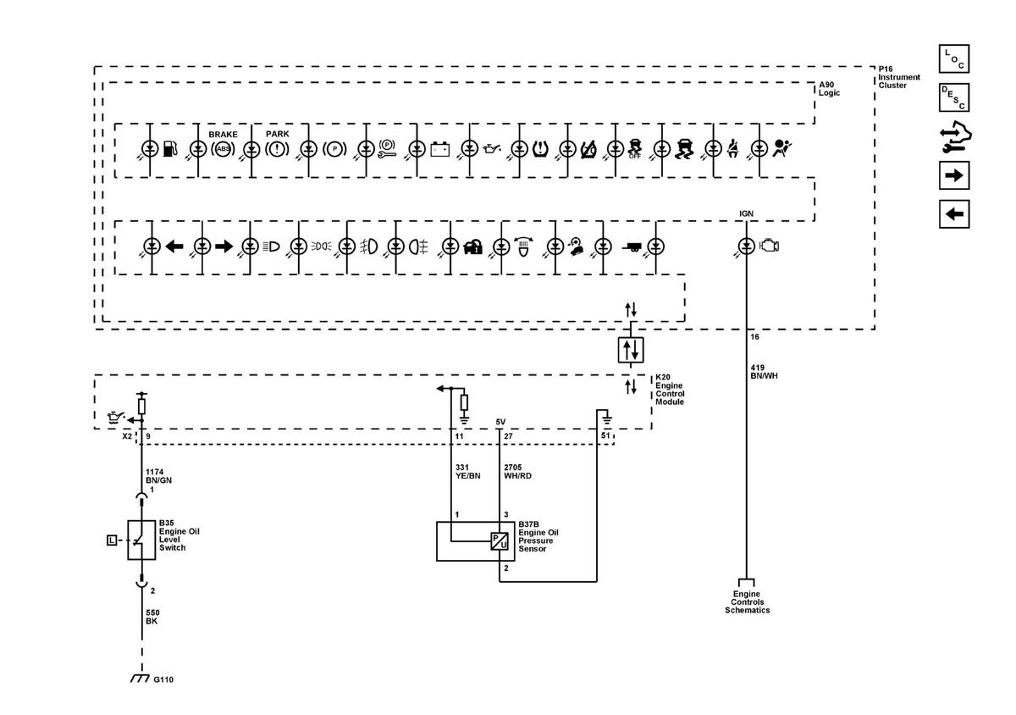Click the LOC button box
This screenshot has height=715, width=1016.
pos(954,58)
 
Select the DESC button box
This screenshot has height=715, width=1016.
pos(954,97)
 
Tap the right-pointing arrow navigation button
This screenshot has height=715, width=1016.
pos(954,175)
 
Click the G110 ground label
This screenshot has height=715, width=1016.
pos(163,679)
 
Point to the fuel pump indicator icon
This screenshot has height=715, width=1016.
pos(170,148)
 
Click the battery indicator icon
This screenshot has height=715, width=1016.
pos(439,149)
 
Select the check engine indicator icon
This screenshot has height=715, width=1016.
pos(770,246)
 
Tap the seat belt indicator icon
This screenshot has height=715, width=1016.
pos(732,149)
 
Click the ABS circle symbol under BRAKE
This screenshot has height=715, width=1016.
pos(223,149)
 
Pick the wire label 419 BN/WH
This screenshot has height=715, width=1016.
pos(764,371)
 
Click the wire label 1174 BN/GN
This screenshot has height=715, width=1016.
pos(158,476)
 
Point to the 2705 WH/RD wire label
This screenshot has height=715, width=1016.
pos(517,471)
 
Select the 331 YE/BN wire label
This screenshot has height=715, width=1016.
pos(467,471)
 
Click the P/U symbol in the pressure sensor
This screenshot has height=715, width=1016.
pos(500,540)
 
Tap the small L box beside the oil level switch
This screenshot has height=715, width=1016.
pos(112,540)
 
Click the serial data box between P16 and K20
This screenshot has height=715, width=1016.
pos(631,350)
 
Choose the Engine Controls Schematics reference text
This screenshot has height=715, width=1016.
pos(747,602)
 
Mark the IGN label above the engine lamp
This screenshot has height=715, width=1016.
pos(746,213)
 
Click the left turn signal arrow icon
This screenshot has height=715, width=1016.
pos(174,247)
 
